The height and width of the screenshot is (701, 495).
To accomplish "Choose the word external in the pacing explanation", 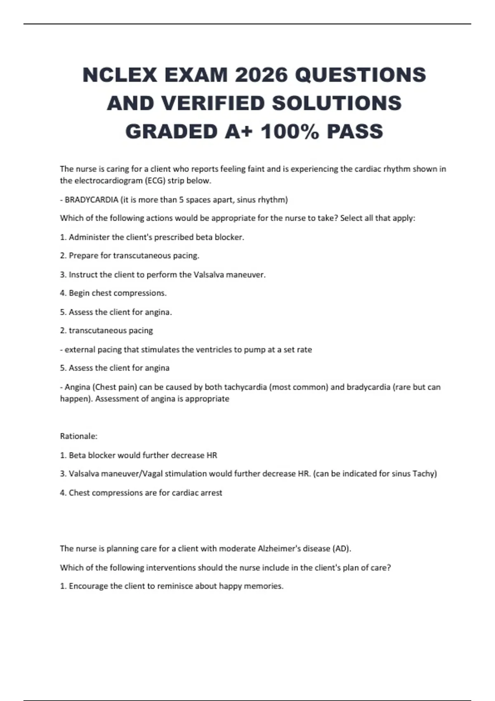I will click(80, 350).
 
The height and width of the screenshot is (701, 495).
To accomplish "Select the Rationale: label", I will click(79, 436).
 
